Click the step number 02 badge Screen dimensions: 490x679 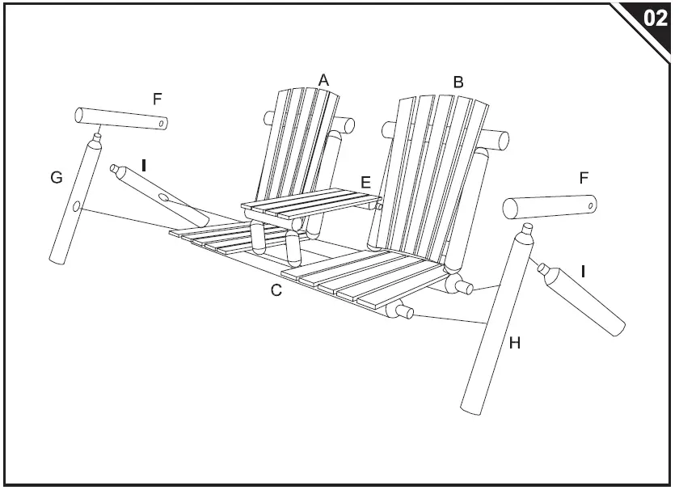point(655,18)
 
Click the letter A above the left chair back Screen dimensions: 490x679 point(323,79)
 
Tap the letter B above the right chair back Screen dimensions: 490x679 point(458,82)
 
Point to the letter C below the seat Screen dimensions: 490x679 point(276,290)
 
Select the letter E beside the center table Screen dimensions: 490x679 point(366,182)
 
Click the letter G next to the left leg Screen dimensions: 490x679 point(56,177)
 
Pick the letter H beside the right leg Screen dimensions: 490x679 point(514,344)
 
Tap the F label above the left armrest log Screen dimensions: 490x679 point(158,99)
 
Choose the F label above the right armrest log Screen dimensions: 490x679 point(584,177)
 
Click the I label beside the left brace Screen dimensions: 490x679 point(144,165)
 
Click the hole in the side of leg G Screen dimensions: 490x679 point(76,208)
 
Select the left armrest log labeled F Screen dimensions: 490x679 point(121,119)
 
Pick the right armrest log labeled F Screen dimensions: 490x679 point(550,207)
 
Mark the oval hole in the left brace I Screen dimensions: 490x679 point(165,196)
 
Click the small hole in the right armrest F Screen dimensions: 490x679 point(593,207)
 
